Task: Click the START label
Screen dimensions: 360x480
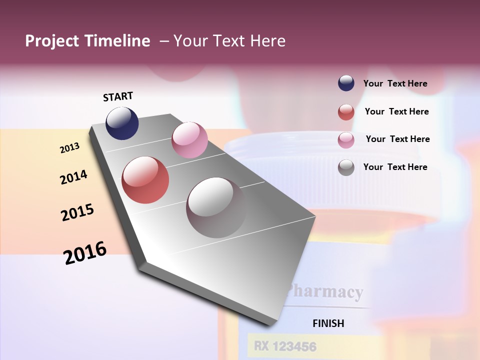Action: (118, 96)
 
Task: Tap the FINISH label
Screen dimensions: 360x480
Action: (328, 323)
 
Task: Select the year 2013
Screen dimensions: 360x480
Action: (70, 148)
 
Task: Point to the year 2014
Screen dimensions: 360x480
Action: (74, 177)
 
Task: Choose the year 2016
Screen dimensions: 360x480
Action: (85, 252)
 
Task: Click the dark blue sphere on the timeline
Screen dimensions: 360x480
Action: (122, 123)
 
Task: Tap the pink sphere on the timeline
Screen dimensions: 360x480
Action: (189, 140)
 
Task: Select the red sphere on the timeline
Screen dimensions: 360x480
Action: (145, 180)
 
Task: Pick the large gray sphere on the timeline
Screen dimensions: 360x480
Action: (216, 207)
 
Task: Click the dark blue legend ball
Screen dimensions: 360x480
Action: (346, 83)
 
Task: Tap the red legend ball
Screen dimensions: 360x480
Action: (346, 112)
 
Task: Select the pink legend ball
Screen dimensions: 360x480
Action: (346, 139)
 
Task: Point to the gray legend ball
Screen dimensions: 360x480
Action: (346, 167)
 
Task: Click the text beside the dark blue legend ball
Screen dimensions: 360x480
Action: (395, 84)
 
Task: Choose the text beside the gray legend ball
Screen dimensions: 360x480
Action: (395, 167)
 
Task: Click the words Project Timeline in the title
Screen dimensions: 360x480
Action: (87, 41)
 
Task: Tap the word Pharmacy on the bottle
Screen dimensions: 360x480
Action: (325, 291)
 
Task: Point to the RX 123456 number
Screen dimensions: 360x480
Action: (284, 345)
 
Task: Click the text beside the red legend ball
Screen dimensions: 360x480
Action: (397, 111)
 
